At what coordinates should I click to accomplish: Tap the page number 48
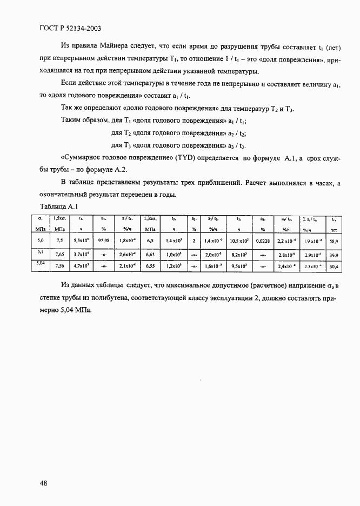[x=44, y=483]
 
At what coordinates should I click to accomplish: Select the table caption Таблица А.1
[x=59, y=206]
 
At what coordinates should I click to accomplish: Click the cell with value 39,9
[x=334, y=254]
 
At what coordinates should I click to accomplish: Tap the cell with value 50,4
[x=334, y=266]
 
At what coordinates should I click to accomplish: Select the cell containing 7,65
[x=59, y=254]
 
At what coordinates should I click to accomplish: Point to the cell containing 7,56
[x=59, y=266]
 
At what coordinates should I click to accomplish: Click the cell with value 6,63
[x=150, y=254]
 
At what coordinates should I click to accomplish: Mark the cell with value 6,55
[x=150, y=266]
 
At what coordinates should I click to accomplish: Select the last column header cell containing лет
[x=334, y=229]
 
